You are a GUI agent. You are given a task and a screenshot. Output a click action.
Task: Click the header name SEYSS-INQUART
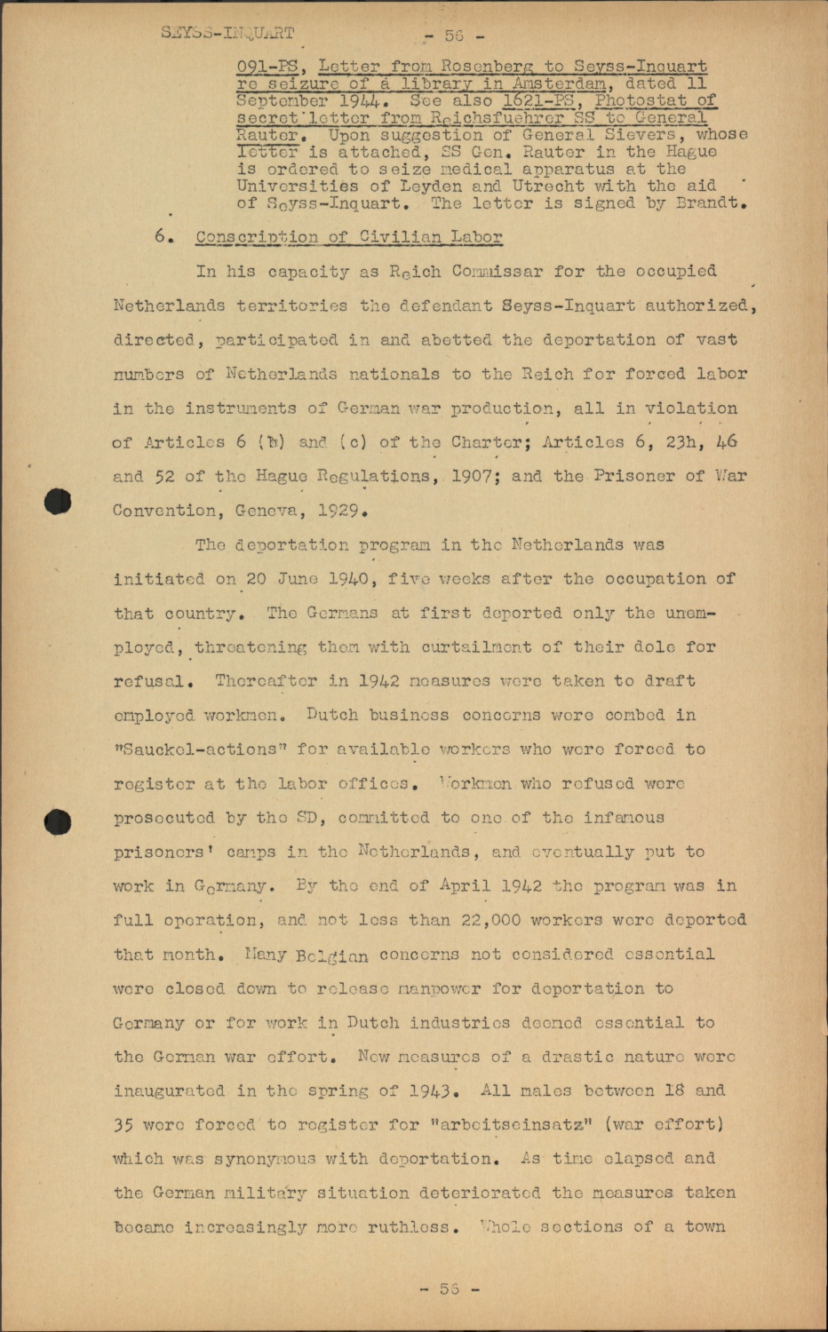point(227,33)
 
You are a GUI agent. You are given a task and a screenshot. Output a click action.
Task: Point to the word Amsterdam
point(558,83)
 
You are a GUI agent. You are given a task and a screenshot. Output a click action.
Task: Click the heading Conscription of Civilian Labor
point(348,237)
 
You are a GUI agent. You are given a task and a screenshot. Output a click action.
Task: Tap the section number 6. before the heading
point(161,237)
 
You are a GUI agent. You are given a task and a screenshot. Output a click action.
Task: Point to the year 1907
point(478,476)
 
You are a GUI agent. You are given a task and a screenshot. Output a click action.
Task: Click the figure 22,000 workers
point(494,920)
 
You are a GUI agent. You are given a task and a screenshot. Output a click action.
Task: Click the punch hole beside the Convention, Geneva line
point(59,502)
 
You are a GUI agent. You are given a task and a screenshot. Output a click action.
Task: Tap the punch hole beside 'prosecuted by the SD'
point(59,821)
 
